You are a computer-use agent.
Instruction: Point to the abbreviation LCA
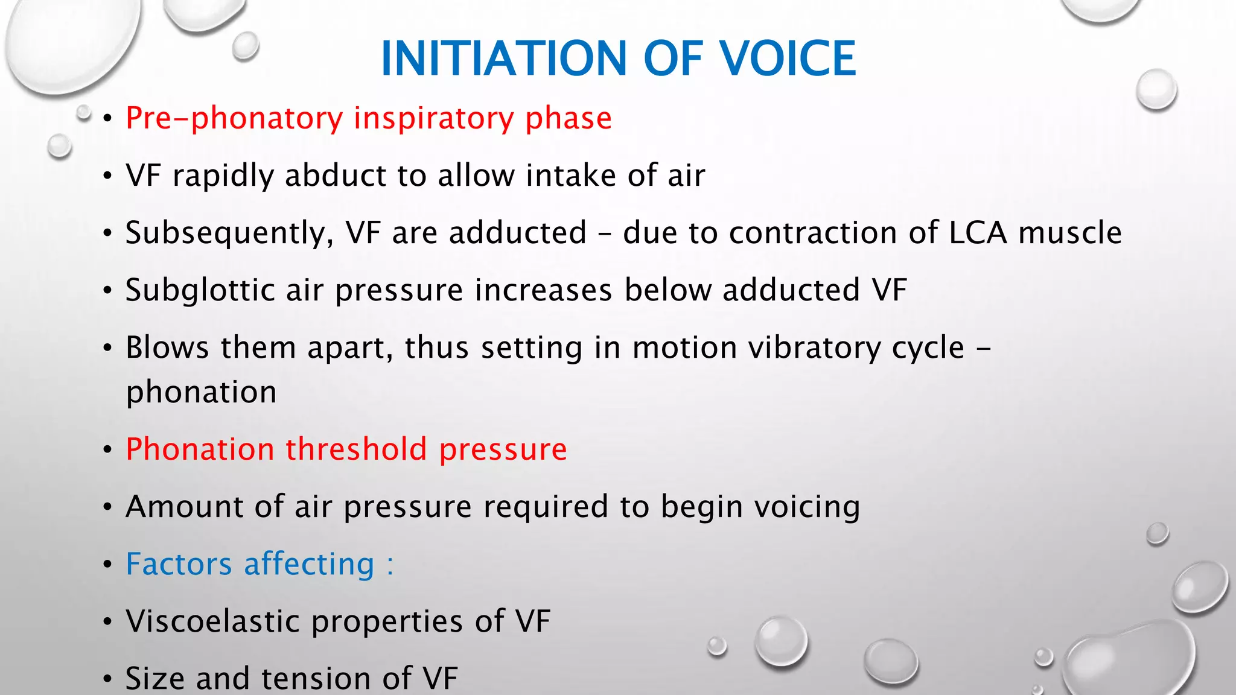(x=978, y=233)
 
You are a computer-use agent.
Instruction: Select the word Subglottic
(x=200, y=291)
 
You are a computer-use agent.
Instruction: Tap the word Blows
(x=167, y=347)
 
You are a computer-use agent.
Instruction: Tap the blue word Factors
(x=179, y=564)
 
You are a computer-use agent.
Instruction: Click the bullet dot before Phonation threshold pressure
(x=107, y=450)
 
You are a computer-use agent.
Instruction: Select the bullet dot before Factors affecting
(x=107, y=565)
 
